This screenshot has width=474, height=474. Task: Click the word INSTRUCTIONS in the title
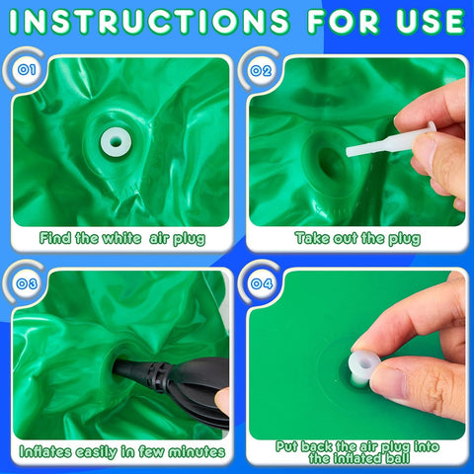coord(149,22)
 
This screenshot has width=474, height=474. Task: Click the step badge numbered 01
coord(27,70)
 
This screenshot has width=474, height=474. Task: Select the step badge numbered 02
coord(261,70)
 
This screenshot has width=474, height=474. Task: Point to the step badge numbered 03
coord(27,283)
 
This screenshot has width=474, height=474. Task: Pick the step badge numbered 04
coord(262,283)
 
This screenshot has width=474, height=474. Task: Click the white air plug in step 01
coord(116,142)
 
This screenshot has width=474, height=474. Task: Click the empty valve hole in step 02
coord(331,162)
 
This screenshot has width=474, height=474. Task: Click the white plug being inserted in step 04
coord(364,366)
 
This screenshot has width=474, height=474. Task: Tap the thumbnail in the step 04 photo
coord(389,384)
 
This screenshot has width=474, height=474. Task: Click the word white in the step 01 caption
coord(121,238)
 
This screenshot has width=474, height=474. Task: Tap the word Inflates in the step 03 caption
coord(45,451)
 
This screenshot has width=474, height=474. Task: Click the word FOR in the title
coord(344,22)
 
